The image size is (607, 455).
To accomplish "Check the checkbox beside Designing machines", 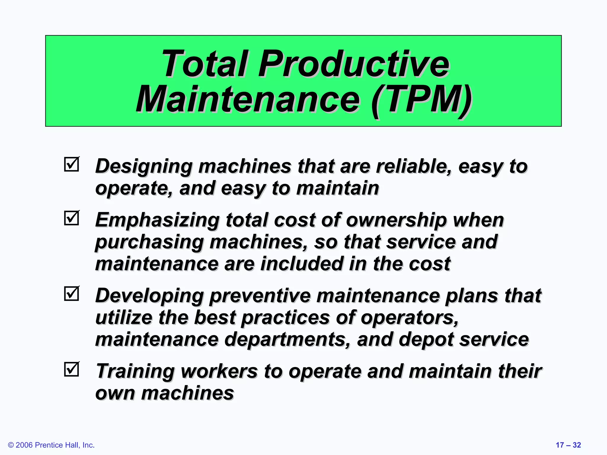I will [x=71, y=164].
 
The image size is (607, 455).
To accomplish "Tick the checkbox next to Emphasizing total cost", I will [x=71, y=218].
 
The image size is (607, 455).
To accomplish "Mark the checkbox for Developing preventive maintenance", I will [x=71, y=294].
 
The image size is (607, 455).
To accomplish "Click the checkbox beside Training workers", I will [x=71, y=369].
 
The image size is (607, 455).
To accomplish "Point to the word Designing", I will [x=144, y=166].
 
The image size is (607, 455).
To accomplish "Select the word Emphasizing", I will [x=157, y=220].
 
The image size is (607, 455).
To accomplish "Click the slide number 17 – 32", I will [x=568, y=445].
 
